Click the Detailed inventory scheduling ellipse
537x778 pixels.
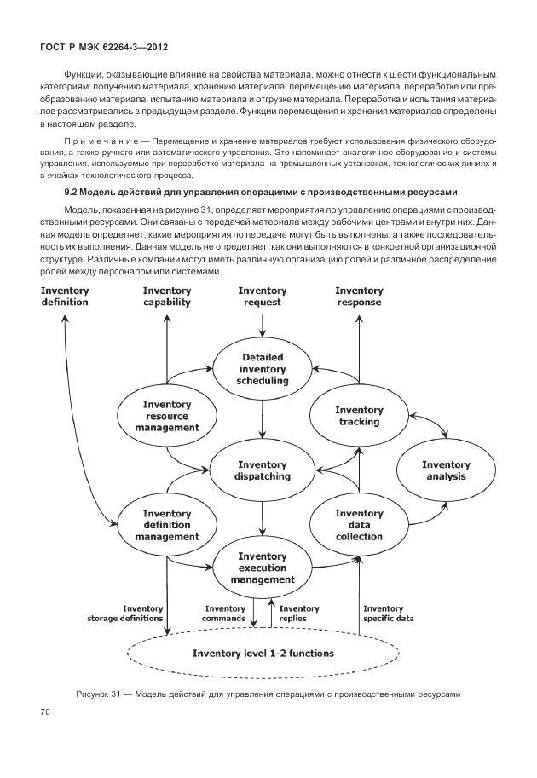pyautogui.click(x=262, y=369)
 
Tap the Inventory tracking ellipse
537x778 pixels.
pyautogui.click(x=359, y=416)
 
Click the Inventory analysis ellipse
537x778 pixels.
pyautogui.click(x=446, y=470)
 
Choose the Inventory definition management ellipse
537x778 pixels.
pyautogui.click(x=167, y=525)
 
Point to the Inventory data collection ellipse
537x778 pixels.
pyautogui.click(x=359, y=525)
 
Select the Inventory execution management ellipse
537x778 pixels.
pyautogui.click(x=262, y=568)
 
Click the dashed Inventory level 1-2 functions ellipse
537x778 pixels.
pyautogui.click(x=262, y=654)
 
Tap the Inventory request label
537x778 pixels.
pyautogui.click(x=262, y=296)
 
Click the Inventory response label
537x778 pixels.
pyautogui.click(x=359, y=296)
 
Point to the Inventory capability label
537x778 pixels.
pyautogui.click(x=167, y=296)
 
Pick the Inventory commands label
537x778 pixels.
pyautogui.click(x=224, y=614)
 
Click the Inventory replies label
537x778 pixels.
pyautogui.click(x=299, y=614)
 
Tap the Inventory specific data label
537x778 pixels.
pyautogui.click(x=389, y=614)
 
